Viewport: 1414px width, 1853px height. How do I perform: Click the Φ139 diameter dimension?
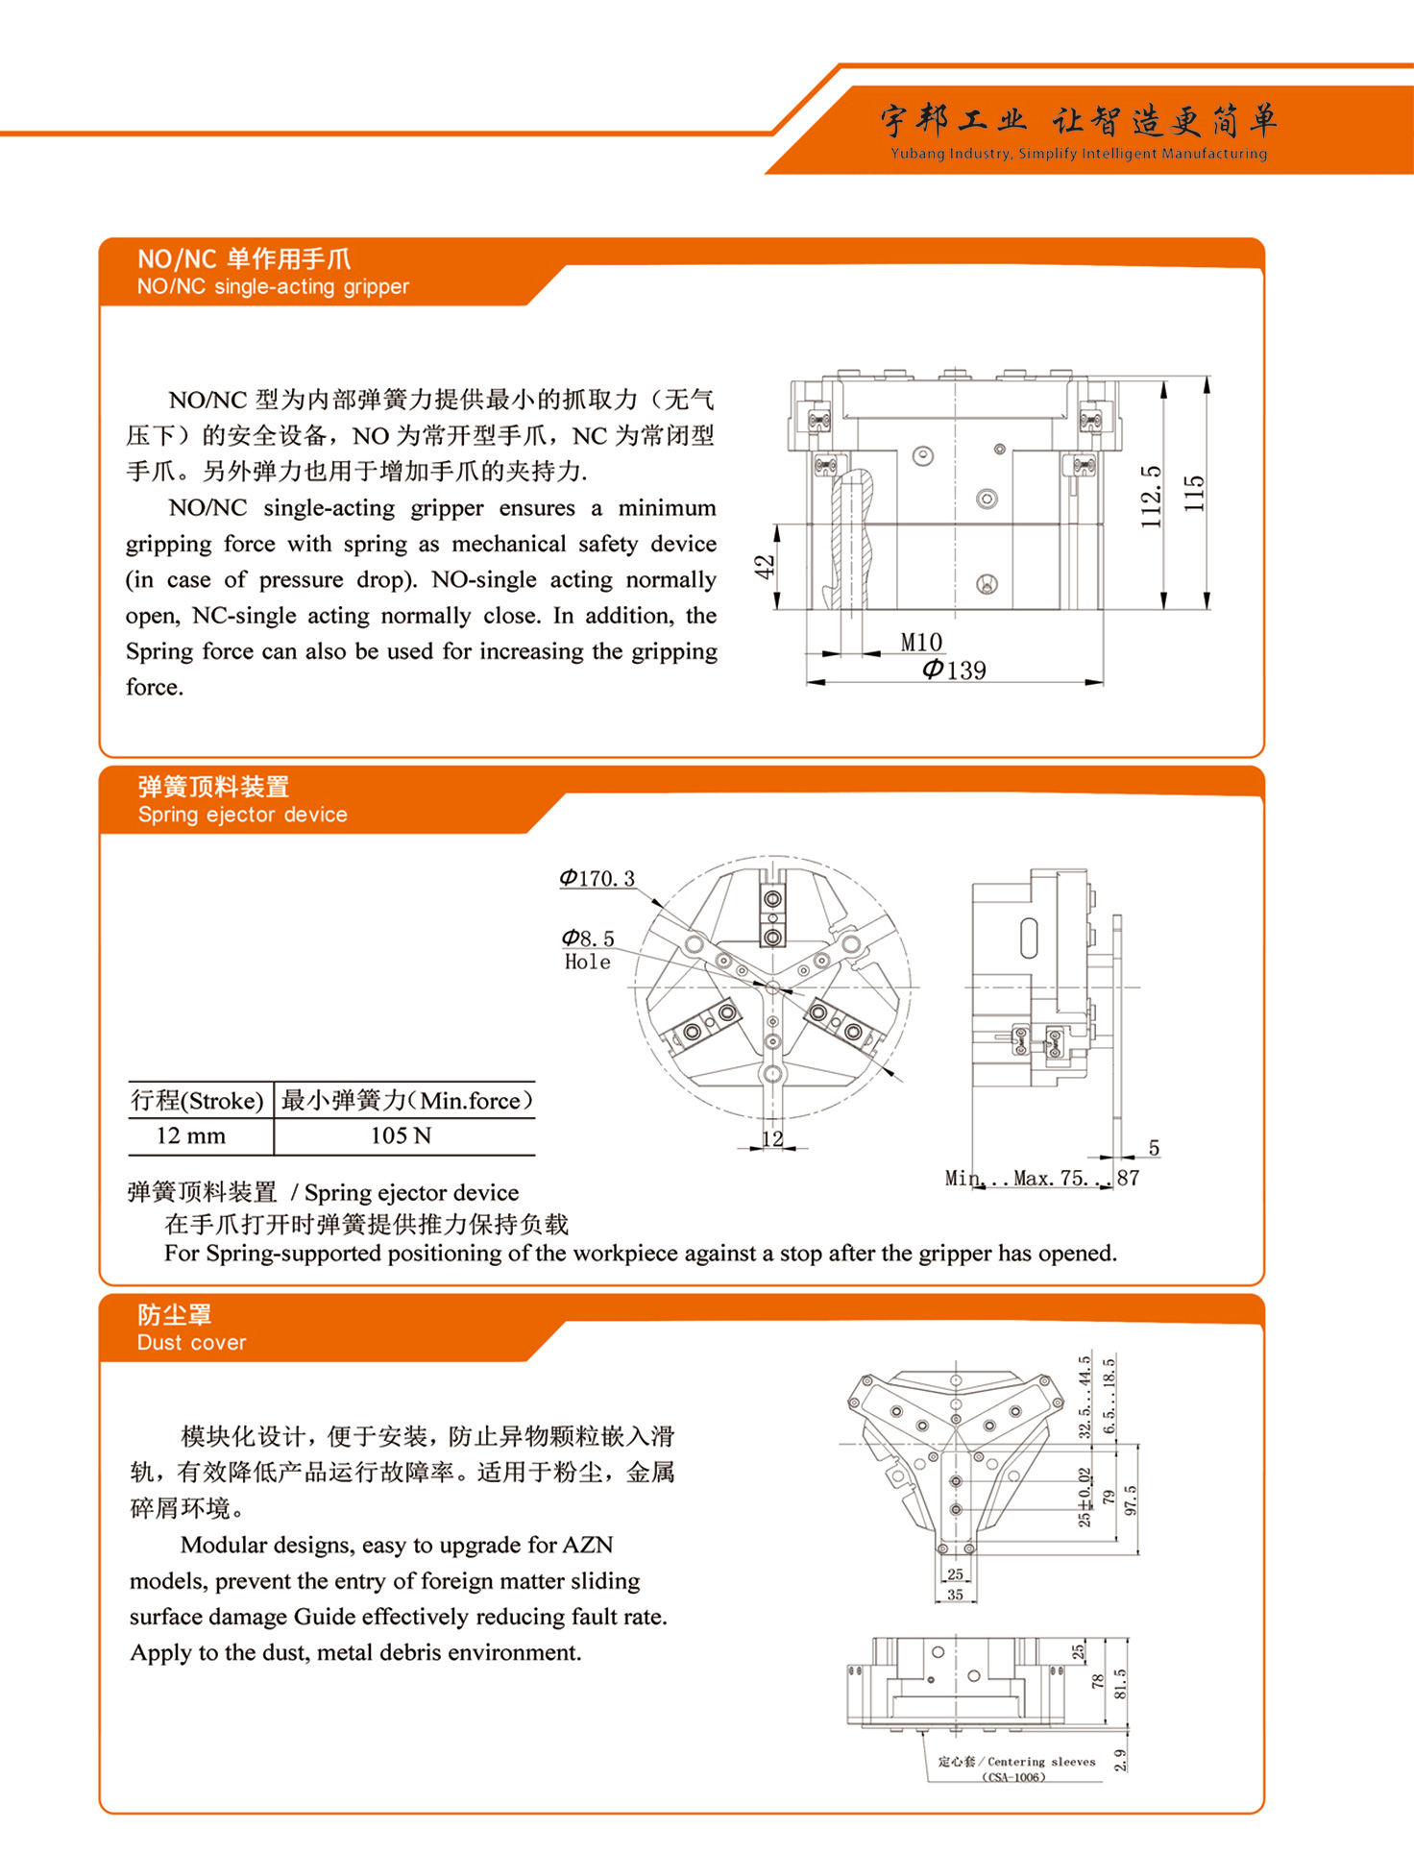tap(954, 670)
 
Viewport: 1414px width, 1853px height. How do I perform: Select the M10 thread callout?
tap(921, 642)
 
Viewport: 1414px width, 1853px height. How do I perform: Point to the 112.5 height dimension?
tap(1151, 497)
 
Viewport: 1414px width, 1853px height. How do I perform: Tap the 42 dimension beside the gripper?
tap(764, 567)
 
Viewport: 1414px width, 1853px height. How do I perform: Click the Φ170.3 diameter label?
tap(597, 878)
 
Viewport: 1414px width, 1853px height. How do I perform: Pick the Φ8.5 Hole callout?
tap(588, 949)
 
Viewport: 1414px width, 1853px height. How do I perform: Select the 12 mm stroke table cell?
tap(191, 1135)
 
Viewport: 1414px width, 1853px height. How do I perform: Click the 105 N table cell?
tap(401, 1135)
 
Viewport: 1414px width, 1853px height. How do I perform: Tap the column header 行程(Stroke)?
tap(197, 1100)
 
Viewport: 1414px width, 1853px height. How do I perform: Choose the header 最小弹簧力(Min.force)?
tap(406, 1100)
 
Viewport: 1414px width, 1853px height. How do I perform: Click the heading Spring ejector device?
tap(242, 815)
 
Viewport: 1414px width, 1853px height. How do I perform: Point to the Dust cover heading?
tap(191, 1342)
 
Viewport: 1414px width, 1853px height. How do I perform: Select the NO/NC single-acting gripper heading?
tap(273, 286)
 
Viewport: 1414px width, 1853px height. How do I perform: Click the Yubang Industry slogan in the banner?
tap(1078, 154)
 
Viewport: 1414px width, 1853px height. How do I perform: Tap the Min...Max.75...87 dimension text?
tap(1041, 1178)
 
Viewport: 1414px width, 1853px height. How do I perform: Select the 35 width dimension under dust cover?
tap(955, 1594)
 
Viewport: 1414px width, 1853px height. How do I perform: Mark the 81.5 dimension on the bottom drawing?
tap(1120, 1683)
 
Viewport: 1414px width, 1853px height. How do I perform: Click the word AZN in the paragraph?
tap(588, 1545)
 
